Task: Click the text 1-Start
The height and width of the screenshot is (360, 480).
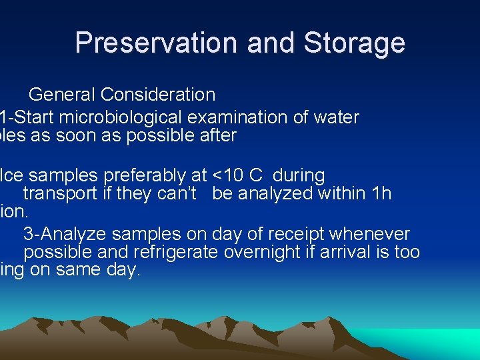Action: pyautogui.click(x=27, y=118)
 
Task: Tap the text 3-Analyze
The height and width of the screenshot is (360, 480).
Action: pyautogui.click(x=65, y=234)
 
